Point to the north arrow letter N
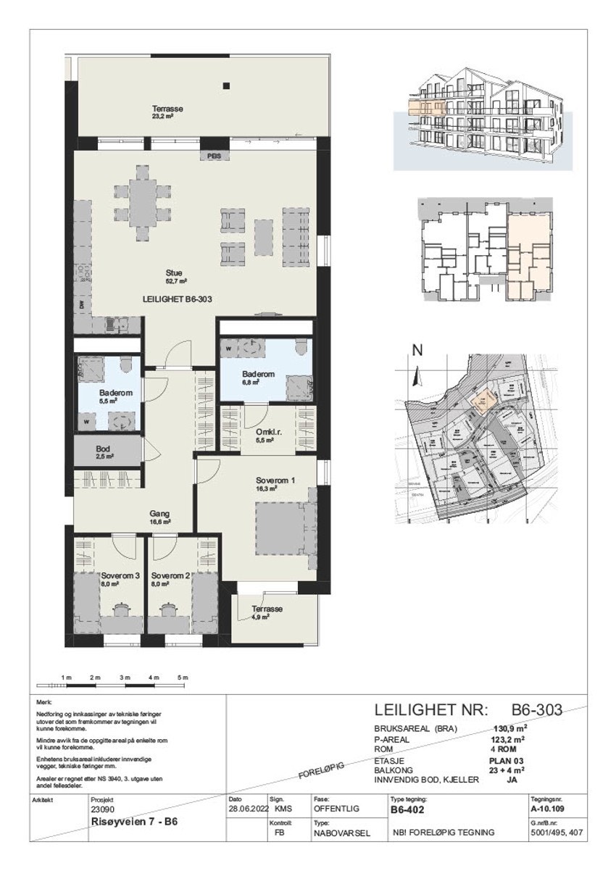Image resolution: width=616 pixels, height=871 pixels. (x=417, y=350)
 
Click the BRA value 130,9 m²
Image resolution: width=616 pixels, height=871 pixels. (x=509, y=730)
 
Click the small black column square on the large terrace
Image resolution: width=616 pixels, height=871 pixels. (x=227, y=86)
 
